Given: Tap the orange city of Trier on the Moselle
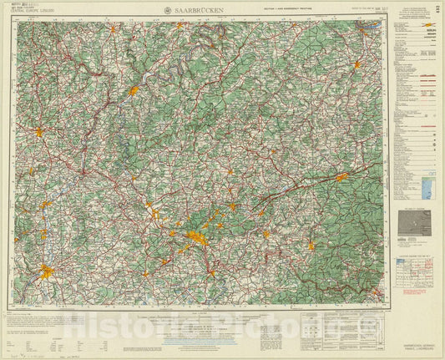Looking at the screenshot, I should (133, 89).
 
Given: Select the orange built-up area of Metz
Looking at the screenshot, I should (48, 271).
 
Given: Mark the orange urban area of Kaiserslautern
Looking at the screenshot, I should (341, 177).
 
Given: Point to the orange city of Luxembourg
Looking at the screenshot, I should (38, 131).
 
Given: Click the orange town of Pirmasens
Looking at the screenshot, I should (311, 246).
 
